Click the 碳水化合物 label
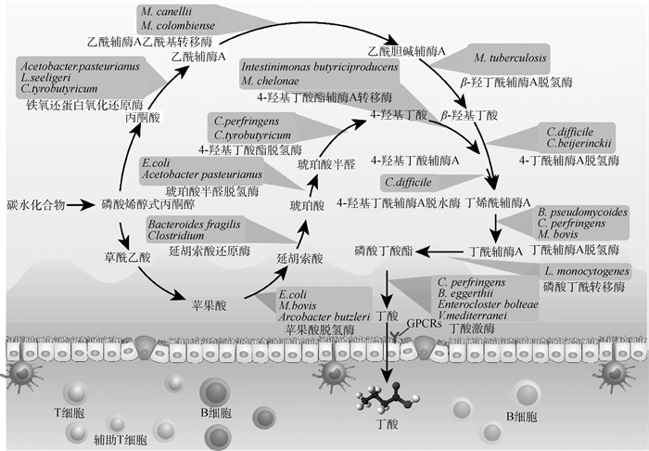point(35,203)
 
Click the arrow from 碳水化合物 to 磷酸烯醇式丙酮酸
point(81,203)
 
